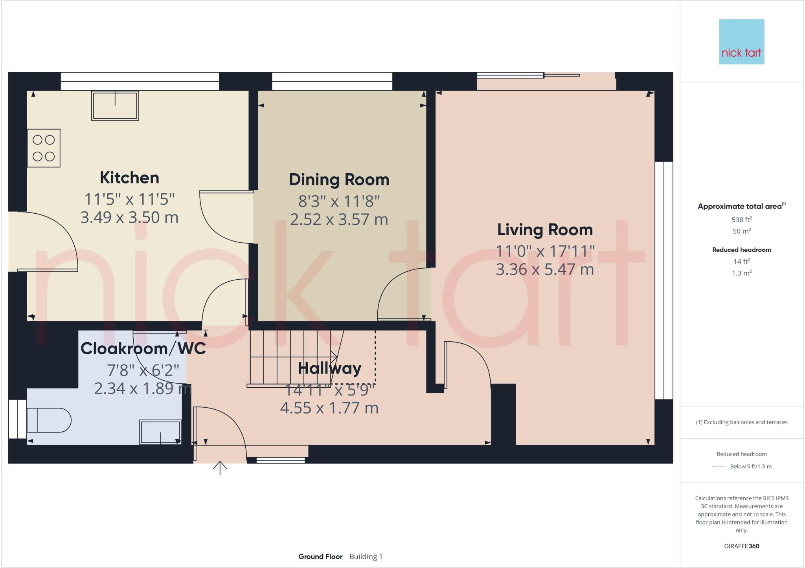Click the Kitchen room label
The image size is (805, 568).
(x=129, y=178)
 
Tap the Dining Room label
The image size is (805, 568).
(x=339, y=180)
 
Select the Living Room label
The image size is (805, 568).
(x=545, y=230)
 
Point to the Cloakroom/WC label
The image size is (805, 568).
(x=143, y=348)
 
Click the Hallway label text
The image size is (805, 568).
(x=329, y=368)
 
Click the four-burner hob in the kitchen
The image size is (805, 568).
(x=44, y=148)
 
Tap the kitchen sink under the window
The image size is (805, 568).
(x=115, y=106)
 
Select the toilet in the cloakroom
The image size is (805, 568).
(x=48, y=420)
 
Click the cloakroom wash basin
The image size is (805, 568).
(x=160, y=432)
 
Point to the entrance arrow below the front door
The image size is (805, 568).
(x=220, y=468)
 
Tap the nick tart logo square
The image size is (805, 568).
(x=741, y=42)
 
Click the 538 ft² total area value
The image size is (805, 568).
(x=741, y=220)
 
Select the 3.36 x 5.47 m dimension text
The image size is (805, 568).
(x=545, y=270)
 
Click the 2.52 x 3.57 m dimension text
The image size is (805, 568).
(x=339, y=220)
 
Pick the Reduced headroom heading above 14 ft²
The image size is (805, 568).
(x=741, y=250)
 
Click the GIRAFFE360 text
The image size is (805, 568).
(x=741, y=546)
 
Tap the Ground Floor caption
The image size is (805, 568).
(x=320, y=557)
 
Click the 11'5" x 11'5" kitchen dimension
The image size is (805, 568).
(x=129, y=199)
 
